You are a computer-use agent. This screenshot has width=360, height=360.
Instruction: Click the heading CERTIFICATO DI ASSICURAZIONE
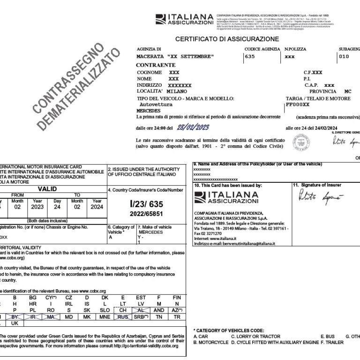click(227, 39)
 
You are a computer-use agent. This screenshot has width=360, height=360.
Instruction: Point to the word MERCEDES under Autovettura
click(148, 111)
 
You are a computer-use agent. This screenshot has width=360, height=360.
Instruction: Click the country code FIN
click(177, 297)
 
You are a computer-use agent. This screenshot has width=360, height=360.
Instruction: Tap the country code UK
click(15, 323)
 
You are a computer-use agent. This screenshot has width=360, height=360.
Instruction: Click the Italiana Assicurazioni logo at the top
click(185, 19)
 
